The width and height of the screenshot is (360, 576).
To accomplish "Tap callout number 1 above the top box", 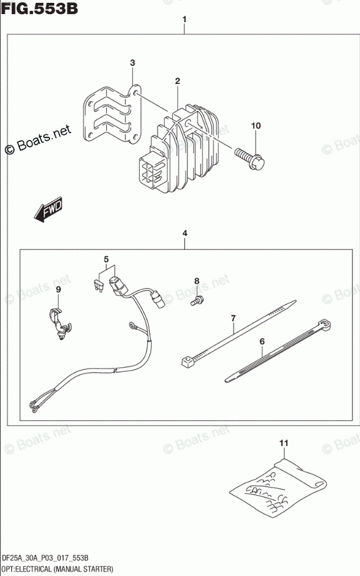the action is click(x=184, y=20).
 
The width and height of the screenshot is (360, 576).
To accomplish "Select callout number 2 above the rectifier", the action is click(x=177, y=82).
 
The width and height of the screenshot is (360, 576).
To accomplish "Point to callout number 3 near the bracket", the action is click(x=132, y=63).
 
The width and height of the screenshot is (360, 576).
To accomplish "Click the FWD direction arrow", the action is click(x=48, y=210).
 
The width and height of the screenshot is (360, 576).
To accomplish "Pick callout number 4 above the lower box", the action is click(x=184, y=233).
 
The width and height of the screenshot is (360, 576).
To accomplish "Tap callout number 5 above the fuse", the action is click(x=106, y=259).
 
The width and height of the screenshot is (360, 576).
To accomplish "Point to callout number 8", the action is click(x=197, y=282).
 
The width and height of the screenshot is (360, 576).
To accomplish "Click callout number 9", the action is click(x=58, y=290).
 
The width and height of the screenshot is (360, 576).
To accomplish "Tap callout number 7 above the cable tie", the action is click(x=233, y=318).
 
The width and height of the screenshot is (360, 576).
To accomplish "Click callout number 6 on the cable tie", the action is click(x=262, y=341).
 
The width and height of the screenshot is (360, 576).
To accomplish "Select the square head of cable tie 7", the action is click(x=188, y=362).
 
